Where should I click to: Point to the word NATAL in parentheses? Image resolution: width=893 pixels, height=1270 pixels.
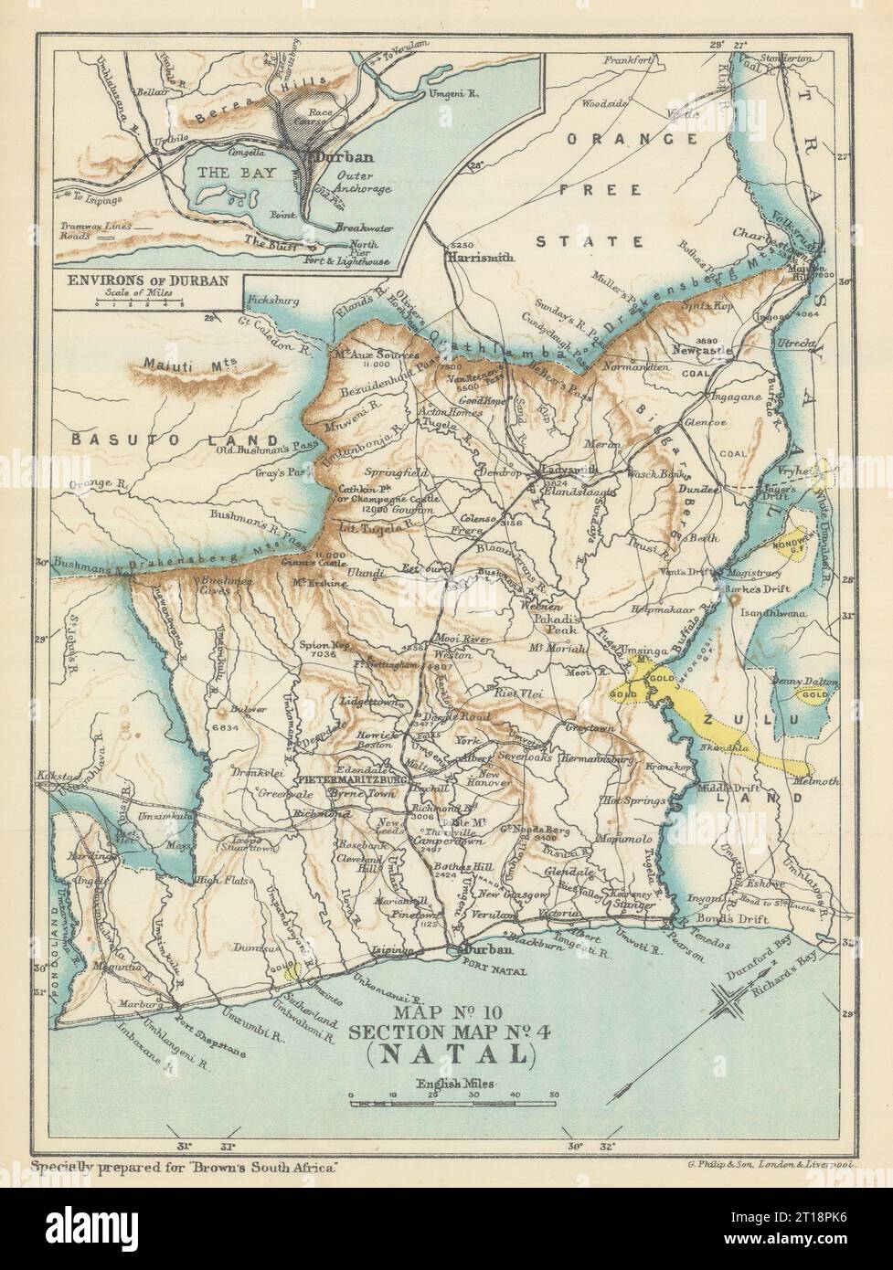446,1055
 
